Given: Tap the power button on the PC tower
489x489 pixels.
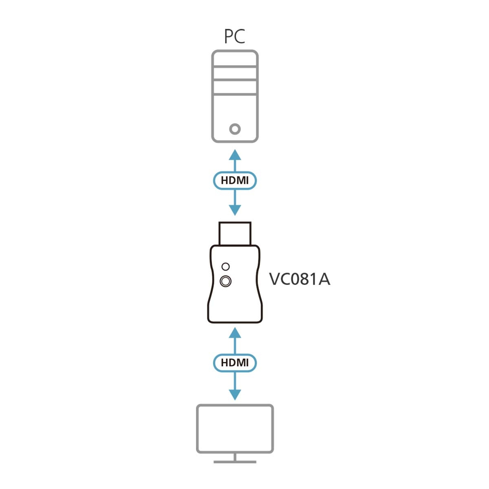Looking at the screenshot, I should pyautogui.click(x=235, y=129).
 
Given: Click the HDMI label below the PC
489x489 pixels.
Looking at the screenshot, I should pyautogui.click(x=235, y=180).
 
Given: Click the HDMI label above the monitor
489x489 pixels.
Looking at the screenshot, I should pyautogui.click(x=235, y=362).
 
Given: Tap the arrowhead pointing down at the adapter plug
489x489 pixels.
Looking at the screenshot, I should pyautogui.click(x=235, y=210).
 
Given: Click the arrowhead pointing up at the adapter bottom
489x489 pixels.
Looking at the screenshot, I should pyautogui.click(x=235, y=332).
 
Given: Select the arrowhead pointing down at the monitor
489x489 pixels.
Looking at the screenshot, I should pyautogui.click(x=235, y=394).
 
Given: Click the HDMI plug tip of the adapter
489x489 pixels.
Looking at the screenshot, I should pyautogui.click(x=235, y=233).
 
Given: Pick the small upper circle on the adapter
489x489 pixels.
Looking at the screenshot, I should pyautogui.click(x=225, y=267).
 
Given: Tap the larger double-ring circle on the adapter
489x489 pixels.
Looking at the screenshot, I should pyautogui.click(x=225, y=281).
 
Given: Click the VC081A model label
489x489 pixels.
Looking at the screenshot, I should pyautogui.click(x=300, y=280).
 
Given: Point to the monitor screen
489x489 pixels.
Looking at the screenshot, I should pyautogui.click(x=235, y=428).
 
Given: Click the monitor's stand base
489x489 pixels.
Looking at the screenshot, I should pyautogui.click(x=235, y=462).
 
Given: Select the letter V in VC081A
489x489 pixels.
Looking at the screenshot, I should pyautogui.click(x=274, y=280).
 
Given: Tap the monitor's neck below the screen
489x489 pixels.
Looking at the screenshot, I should pyautogui.click(x=235, y=457).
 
